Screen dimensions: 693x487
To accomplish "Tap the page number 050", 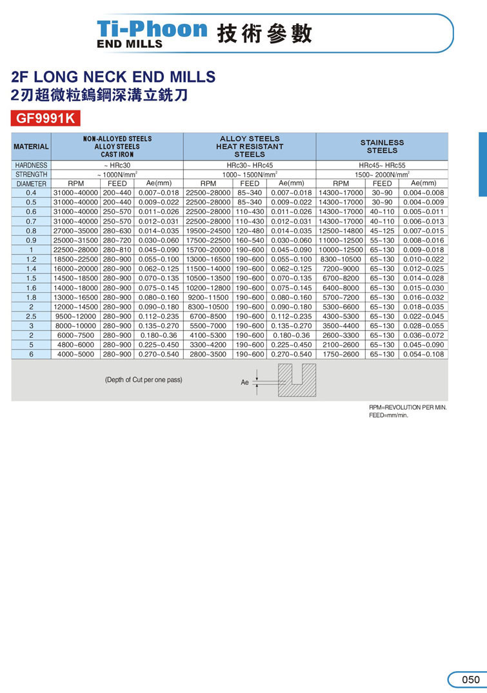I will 470,679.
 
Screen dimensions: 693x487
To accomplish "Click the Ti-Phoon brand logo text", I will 152,30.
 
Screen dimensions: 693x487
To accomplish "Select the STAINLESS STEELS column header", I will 382,146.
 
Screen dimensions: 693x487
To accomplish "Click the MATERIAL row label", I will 31,146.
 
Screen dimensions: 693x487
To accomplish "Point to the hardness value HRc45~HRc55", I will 382,166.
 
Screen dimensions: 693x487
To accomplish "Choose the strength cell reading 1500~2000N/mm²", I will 382,175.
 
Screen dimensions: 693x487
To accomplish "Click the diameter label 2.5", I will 31,317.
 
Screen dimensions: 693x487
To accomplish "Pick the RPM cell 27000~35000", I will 75,230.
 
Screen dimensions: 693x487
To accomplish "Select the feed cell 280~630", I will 117,230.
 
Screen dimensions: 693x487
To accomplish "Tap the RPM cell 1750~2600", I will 341,354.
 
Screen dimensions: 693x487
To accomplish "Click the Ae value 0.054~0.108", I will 423,354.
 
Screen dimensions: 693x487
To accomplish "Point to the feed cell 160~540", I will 250,240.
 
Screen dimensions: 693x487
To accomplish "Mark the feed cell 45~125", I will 382,230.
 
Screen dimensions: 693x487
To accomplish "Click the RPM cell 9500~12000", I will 75,317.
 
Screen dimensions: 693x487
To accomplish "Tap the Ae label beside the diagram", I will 245,382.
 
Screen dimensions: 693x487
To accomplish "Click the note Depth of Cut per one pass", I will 143,380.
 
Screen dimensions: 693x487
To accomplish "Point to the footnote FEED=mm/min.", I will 388,416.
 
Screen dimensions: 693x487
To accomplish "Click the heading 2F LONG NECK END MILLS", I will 114,77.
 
